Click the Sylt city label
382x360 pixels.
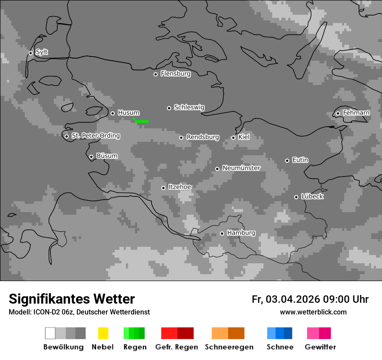[x=42, y=52]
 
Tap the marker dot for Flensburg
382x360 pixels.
[x=155, y=74]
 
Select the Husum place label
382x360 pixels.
[x=128, y=113]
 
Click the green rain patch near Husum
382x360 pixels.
[x=142, y=121]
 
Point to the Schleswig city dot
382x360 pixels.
[x=169, y=108]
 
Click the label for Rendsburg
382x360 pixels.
[x=203, y=137]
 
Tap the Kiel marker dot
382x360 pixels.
[x=233, y=137]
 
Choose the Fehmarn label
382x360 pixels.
[x=356, y=113]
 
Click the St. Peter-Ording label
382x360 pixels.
[x=95, y=136]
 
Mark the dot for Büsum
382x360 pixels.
[x=91, y=157]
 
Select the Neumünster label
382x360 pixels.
[x=241, y=168]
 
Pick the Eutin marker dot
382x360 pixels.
[x=287, y=160]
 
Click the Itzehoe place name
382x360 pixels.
[x=180, y=187]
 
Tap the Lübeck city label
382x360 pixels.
[x=312, y=196]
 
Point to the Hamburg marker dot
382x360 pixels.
[x=222, y=233]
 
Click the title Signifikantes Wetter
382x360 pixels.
[x=72, y=299]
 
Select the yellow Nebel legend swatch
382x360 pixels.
[x=103, y=333]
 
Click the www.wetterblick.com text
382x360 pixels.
[x=313, y=312]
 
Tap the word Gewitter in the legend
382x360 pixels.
[x=320, y=347]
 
